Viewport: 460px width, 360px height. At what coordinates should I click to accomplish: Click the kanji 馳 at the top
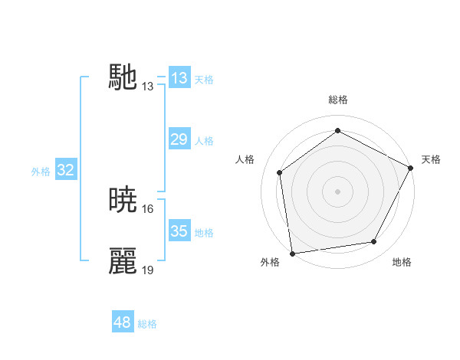pyautogui.click(x=123, y=77)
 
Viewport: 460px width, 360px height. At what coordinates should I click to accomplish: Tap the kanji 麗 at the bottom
pyautogui.click(x=123, y=260)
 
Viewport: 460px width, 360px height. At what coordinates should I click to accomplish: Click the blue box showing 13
pyautogui.click(x=179, y=78)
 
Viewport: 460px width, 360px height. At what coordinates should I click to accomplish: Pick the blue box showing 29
pyautogui.click(x=179, y=139)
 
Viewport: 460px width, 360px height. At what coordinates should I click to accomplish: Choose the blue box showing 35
pyautogui.click(x=179, y=231)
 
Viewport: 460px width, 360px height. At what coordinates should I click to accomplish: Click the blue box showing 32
pyautogui.click(x=65, y=170)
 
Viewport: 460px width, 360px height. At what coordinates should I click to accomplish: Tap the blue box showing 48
pyautogui.click(x=123, y=322)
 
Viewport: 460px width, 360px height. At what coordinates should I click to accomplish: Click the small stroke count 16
pyautogui.click(x=149, y=208)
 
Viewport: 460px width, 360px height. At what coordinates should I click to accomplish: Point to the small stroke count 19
pyautogui.click(x=149, y=270)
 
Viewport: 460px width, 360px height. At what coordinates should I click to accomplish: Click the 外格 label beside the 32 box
pyautogui.click(x=41, y=172)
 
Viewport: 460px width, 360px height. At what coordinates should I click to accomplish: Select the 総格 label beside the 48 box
pyautogui.click(x=147, y=324)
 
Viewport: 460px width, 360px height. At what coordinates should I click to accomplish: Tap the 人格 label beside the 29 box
pyautogui.click(x=204, y=141)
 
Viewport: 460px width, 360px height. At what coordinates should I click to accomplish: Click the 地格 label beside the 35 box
pyautogui.click(x=204, y=233)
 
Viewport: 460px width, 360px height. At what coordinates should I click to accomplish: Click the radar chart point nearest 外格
pyautogui.click(x=292, y=253)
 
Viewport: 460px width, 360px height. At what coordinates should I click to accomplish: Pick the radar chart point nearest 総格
pyautogui.click(x=337, y=131)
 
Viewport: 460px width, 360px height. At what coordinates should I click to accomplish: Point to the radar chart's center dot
pyautogui.click(x=337, y=191)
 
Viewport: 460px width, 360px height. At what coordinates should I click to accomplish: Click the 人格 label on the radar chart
pyautogui.click(x=245, y=159)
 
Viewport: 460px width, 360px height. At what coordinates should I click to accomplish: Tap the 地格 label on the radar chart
pyautogui.click(x=402, y=262)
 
